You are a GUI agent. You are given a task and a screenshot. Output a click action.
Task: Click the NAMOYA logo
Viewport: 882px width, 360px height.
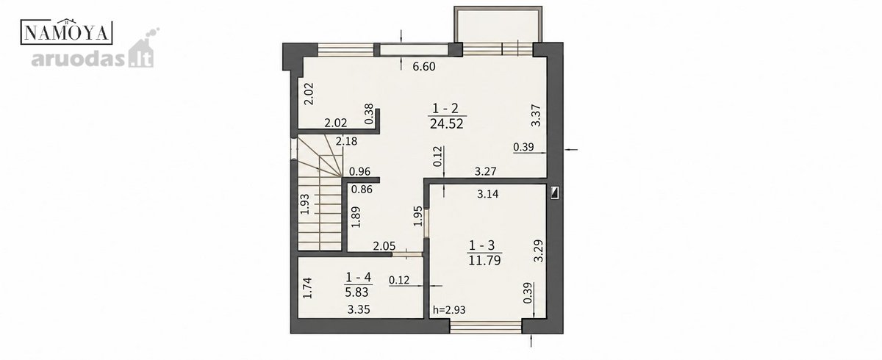point(67,32)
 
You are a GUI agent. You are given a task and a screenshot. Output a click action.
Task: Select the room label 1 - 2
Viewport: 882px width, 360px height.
point(445,108)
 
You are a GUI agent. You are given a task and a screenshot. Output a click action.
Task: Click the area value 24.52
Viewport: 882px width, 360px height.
point(447,124)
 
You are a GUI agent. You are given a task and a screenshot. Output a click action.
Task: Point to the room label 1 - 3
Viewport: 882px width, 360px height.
point(481,245)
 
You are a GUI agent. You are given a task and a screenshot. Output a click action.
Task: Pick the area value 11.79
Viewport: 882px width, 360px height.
point(484,261)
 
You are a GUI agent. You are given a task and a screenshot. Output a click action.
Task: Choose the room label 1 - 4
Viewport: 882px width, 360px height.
point(359,278)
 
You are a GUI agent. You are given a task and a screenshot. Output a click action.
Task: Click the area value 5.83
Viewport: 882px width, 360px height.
point(356,292)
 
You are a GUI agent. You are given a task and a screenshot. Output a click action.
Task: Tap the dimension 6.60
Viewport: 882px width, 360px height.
point(424,67)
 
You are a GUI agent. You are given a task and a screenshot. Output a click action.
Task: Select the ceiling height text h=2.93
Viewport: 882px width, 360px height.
point(449,310)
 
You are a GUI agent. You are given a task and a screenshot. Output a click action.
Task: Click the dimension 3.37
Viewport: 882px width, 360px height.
point(537,115)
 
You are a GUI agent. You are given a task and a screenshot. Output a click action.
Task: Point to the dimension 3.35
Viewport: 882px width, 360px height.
point(359,309)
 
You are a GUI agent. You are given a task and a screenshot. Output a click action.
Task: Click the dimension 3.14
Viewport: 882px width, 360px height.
point(488,194)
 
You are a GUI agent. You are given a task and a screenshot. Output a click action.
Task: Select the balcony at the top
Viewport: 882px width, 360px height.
point(498,24)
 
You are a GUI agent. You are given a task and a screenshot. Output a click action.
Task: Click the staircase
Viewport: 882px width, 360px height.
point(319,193)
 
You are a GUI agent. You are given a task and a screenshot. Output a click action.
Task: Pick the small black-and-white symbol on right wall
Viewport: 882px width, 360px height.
point(554,192)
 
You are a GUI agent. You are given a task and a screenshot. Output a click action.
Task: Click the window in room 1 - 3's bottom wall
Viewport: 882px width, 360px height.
point(486,326)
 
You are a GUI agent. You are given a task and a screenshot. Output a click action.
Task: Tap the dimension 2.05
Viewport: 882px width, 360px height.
point(384,246)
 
